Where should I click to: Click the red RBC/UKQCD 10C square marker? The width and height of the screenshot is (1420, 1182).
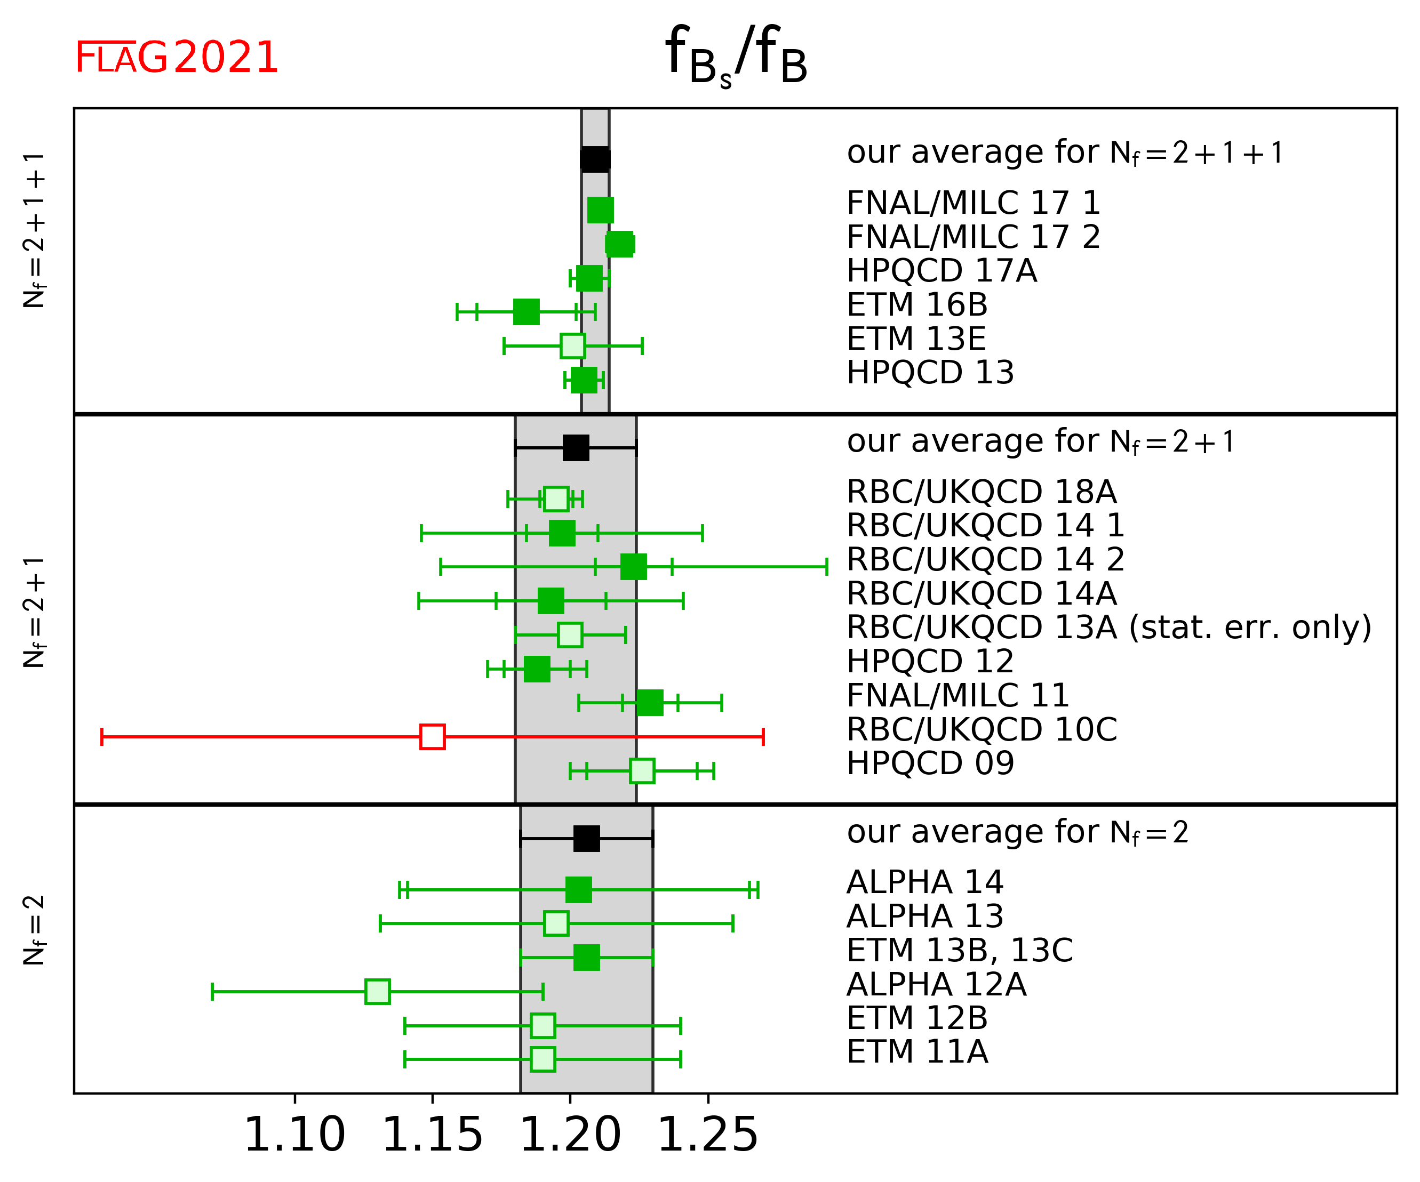pyautogui.click(x=432, y=737)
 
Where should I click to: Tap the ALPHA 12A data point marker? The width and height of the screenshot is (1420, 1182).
pyautogui.click(x=377, y=992)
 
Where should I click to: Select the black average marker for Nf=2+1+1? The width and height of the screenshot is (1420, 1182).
pyautogui.click(x=595, y=159)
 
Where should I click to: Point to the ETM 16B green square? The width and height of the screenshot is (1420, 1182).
pyautogui.click(x=526, y=311)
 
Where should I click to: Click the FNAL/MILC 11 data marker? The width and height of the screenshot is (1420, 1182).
pyautogui.click(x=650, y=703)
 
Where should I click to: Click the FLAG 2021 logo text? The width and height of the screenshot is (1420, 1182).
pyautogui.click(x=177, y=58)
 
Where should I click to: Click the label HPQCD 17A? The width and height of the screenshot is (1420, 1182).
pyautogui.click(x=942, y=271)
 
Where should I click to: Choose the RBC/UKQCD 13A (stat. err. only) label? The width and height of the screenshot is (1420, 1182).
pyautogui.click(x=1109, y=627)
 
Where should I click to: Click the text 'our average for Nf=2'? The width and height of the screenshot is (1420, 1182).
pyautogui.click(x=1017, y=832)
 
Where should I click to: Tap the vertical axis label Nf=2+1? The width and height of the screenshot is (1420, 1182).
pyautogui.click(x=34, y=612)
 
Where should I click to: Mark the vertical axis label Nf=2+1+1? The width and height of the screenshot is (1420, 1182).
pyautogui.click(x=34, y=230)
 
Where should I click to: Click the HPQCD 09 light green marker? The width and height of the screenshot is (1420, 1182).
pyautogui.click(x=642, y=770)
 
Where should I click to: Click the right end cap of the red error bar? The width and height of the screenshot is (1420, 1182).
pyautogui.click(x=763, y=737)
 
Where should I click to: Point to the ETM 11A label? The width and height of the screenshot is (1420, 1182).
pyautogui.click(x=917, y=1052)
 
